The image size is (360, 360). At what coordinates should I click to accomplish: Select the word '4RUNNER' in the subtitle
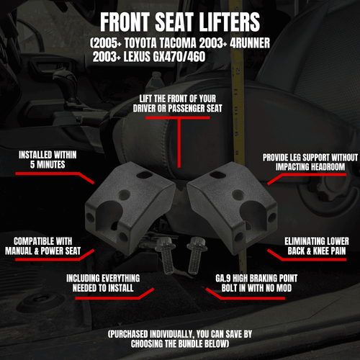[248, 44]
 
